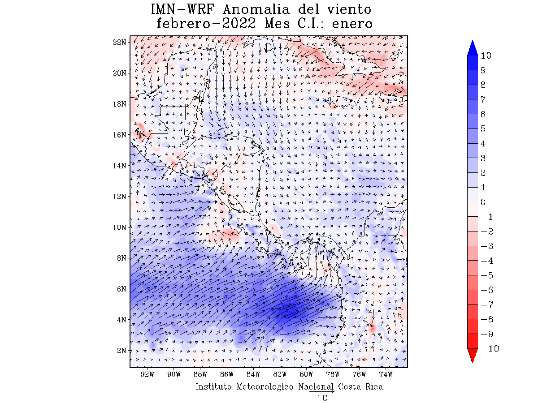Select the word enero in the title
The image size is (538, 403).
pyautogui.click(x=352, y=24)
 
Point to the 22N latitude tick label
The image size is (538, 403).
pyautogui.click(x=119, y=42)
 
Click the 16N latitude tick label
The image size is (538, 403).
pyautogui.click(x=119, y=134)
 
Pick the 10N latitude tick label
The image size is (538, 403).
pyautogui.click(x=119, y=227)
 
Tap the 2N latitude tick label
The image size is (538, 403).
pyautogui.click(x=121, y=350)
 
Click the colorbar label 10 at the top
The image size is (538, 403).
pyautogui.click(x=486, y=56)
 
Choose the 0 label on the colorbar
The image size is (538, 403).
pyautogui.click(x=483, y=202)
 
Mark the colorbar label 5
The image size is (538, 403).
pyautogui.click(x=483, y=129)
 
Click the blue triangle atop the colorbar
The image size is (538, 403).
pyautogui.click(x=473, y=48)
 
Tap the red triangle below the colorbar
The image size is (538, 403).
pyautogui.click(x=473, y=356)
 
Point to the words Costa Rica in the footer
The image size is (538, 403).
pyautogui.click(x=360, y=386)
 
